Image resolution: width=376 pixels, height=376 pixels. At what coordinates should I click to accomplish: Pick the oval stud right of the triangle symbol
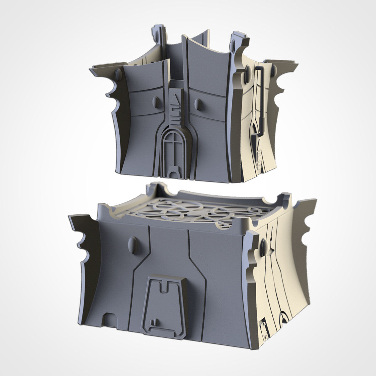198,104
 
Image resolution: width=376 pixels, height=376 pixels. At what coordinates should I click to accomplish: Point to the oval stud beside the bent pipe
248,71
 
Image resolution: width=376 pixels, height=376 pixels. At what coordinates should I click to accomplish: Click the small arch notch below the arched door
172,172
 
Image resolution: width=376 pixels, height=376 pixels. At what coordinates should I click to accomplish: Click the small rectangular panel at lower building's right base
263,329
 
